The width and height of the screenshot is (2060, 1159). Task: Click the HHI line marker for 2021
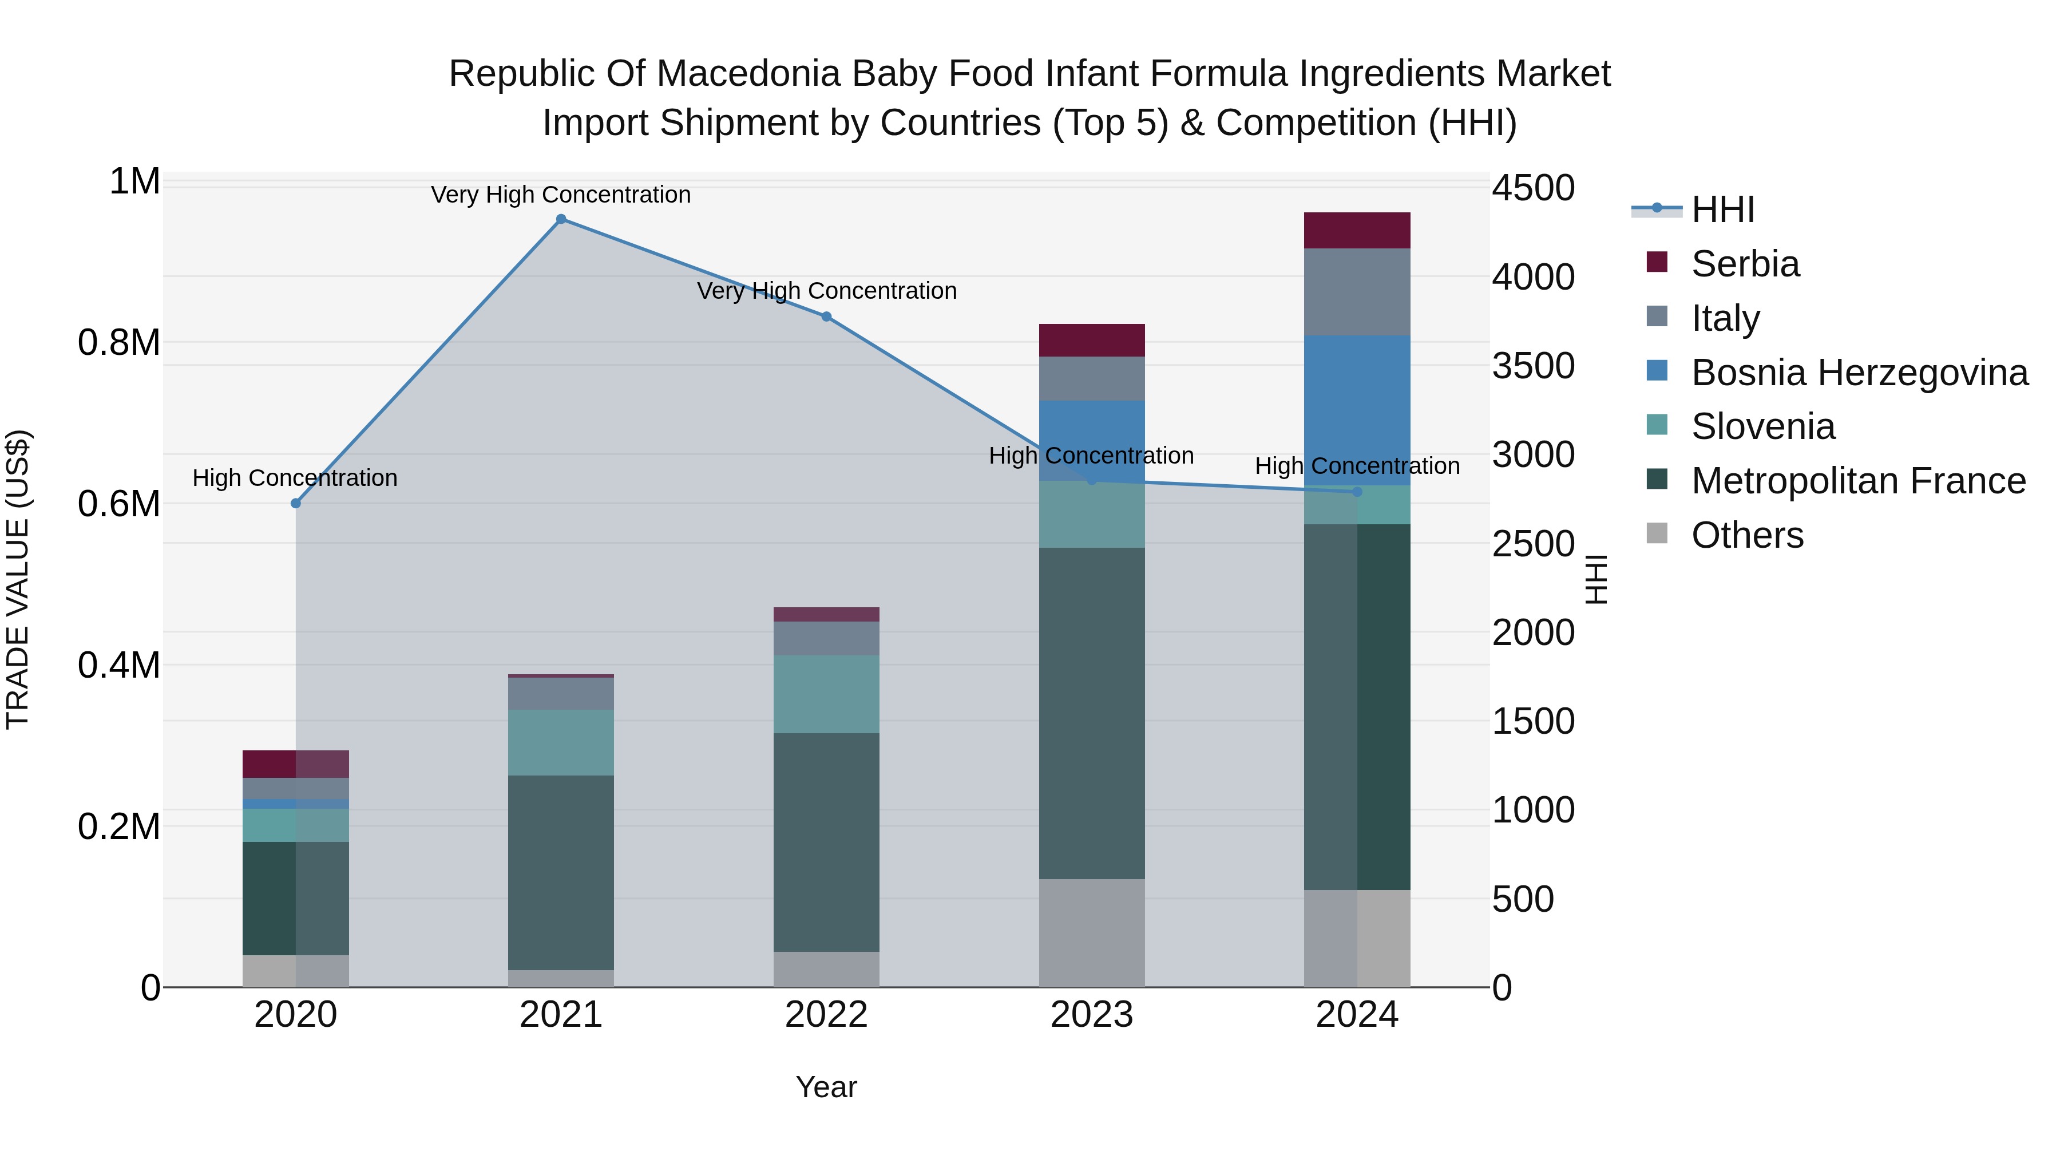click(x=561, y=219)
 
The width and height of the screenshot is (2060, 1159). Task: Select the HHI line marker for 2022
click(x=826, y=317)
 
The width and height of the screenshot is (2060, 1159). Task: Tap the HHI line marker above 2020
click(x=296, y=503)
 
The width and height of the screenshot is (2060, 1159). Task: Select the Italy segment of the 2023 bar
click(x=1092, y=378)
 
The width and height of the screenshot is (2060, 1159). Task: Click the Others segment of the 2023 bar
click(x=1092, y=933)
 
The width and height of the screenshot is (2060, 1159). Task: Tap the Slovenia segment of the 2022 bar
click(x=826, y=694)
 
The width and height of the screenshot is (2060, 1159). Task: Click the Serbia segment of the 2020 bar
click(x=295, y=764)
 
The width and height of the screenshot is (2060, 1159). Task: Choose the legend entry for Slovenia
click(x=1762, y=426)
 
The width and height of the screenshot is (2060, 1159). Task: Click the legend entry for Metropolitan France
click(x=1857, y=481)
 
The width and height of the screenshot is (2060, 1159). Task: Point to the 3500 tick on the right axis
click(x=1533, y=366)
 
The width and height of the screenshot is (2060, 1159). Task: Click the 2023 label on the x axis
click(x=1092, y=1015)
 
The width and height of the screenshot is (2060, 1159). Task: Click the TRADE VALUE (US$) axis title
click(x=18, y=579)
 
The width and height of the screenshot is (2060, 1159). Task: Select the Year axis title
click(x=826, y=1087)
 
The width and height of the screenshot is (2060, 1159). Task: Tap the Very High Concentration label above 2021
click(x=561, y=195)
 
